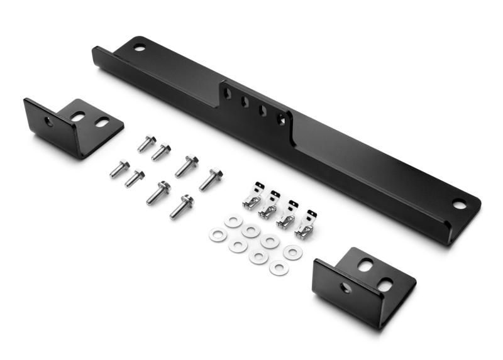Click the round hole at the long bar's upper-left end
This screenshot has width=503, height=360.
tap(139, 46)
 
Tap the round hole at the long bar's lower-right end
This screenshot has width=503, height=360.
tap(460, 204)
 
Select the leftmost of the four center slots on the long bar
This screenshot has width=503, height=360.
tap(228, 94)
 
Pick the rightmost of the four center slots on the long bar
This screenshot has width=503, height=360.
tap(281, 118)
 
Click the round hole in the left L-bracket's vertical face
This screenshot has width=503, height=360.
tap(49, 121)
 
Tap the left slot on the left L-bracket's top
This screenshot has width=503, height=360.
tap(77, 116)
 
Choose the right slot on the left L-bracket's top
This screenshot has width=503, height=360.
tap(102, 123)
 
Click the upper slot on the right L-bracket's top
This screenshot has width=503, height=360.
tap(365, 265)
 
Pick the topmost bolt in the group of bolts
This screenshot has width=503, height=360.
tap(146, 143)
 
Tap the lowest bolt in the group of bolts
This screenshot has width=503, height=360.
tap(181, 206)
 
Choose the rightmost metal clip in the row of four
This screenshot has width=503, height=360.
tap(306, 224)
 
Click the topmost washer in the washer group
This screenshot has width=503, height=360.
tap(233, 221)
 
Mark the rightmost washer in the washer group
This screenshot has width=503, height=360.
tap(292, 252)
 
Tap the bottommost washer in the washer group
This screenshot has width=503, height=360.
tap(279, 268)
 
